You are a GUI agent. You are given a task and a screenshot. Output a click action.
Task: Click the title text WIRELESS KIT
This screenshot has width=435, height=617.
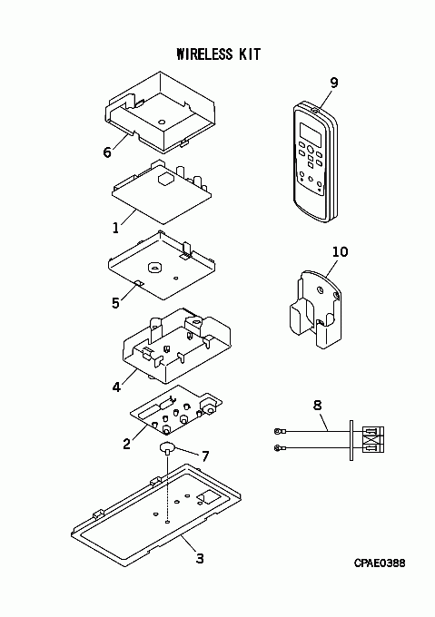[219, 54]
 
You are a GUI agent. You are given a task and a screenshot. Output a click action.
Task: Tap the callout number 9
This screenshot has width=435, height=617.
[334, 83]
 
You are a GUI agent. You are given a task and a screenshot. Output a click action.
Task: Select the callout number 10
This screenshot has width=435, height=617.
[341, 252]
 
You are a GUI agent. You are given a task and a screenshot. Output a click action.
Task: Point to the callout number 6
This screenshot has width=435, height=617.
[107, 152]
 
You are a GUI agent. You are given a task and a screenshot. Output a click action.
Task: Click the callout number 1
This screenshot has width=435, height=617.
[115, 228]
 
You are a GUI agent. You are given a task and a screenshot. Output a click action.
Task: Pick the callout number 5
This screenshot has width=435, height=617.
[115, 303]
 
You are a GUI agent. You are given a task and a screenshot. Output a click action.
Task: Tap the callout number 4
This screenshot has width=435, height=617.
[116, 387]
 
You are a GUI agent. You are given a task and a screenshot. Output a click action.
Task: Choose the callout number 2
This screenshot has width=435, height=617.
[126, 444]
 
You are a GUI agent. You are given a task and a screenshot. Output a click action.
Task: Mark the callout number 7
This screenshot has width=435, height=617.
[205, 456]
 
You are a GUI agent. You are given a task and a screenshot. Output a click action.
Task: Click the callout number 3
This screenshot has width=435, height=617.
[200, 558]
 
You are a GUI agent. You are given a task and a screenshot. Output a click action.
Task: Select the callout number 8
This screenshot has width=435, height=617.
[317, 405]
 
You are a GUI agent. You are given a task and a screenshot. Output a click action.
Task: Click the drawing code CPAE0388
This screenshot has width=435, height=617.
[380, 563]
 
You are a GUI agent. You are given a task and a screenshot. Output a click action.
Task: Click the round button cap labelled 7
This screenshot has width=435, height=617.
[167, 447]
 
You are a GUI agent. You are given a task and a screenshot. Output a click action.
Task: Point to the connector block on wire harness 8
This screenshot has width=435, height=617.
[373, 439]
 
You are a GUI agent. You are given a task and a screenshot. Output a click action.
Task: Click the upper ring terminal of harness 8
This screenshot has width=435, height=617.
[278, 432]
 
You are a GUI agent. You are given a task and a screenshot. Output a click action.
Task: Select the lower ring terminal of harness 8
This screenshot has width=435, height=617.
[278, 448]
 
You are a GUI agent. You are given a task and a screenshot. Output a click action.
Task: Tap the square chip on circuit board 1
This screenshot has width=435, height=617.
[164, 179]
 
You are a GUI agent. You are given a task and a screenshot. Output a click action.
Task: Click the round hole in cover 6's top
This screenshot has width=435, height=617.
[162, 122]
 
